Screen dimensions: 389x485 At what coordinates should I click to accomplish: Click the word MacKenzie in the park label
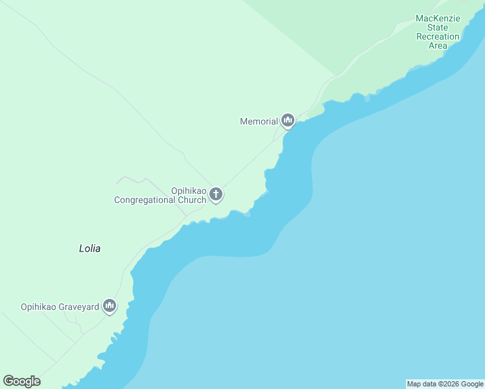pyautogui.click(x=438, y=18)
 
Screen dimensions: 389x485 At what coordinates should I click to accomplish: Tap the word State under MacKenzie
pyautogui.click(x=438, y=27)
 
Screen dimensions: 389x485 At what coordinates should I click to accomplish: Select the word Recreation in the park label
pyautogui.click(x=438, y=36)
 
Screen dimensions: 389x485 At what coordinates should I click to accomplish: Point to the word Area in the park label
pyautogui.click(x=438, y=45)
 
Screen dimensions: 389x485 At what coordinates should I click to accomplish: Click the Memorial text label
pyautogui.click(x=259, y=121)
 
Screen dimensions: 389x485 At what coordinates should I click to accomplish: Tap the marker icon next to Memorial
pyautogui.click(x=288, y=121)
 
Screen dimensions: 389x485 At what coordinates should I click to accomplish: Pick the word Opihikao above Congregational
pyautogui.click(x=189, y=191)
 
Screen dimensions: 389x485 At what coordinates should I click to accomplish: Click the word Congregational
pyautogui.click(x=147, y=200)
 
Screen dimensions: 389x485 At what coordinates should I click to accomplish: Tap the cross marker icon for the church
pyautogui.click(x=216, y=194)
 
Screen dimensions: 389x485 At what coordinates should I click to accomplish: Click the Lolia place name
pyautogui.click(x=89, y=248)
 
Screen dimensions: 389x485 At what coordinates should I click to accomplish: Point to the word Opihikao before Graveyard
pyautogui.click(x=40, y=307)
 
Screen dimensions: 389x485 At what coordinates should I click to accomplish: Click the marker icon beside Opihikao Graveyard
pyautogui.click(x=110, y=306)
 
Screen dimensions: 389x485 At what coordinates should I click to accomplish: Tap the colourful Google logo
pyautogui.click(x=21, y=381)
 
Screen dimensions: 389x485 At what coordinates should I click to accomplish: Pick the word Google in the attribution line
pyautogui.click(x=472, y=384)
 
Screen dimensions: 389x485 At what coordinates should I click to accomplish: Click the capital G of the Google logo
pyautogui.click(x=8, y=381)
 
